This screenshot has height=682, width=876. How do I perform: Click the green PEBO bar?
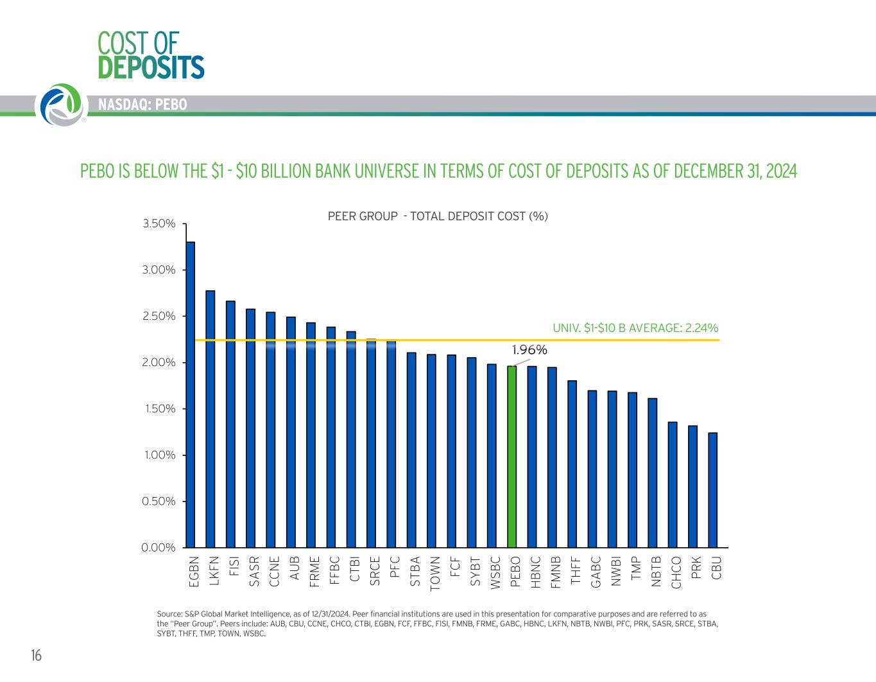tap(511, 457)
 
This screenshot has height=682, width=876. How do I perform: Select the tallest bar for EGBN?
tap(191, 394)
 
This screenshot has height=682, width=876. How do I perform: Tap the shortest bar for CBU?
tap(712, 490)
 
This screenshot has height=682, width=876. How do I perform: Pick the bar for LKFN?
tap(210, 419)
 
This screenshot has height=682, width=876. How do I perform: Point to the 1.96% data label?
tap(529, 350)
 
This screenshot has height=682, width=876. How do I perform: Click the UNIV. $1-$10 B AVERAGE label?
tap(635, 328)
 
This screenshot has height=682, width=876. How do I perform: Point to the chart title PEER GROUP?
tap(438, 216)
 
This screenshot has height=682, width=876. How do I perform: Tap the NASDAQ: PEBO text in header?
tap(142, 105)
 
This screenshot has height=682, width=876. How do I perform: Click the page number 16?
tap(36, 656)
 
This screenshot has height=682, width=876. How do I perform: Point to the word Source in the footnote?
tap(169, 615)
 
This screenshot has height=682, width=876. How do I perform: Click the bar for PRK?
tap(692, 486)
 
